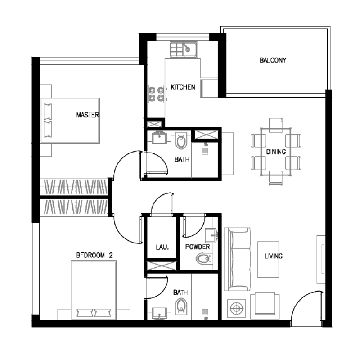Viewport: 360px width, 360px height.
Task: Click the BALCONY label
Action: coord(273,60)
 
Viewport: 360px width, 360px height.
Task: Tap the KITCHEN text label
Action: coord(183,87)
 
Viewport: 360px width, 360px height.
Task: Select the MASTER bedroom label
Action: coord(87,115)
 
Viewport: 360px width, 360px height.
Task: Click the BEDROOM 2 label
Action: coord(94,255)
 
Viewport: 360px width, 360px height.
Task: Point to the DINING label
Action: coord(275,152)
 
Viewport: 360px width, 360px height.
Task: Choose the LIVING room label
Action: coord(274,256)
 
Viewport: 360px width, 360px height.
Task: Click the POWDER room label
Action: coord(198,247)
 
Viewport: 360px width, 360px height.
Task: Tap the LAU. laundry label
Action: coord(162,247)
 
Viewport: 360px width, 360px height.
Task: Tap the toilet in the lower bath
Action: coord(181,306)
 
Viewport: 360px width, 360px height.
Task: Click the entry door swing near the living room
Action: coord(307,306)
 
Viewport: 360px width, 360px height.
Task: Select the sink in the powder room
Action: coord(211,235)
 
